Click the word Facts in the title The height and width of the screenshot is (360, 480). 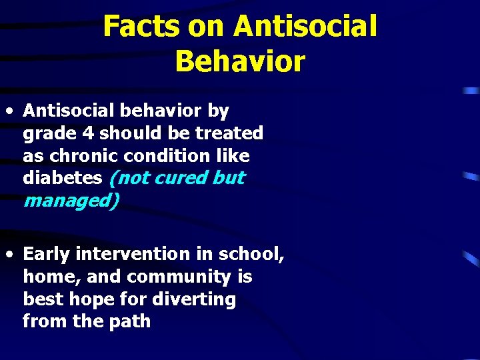(x=141, y=27)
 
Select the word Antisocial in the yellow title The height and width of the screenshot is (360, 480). (x=305, y=27)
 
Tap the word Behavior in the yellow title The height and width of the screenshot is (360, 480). (x=240, y=61)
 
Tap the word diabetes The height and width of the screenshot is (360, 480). (x=63, y=178)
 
